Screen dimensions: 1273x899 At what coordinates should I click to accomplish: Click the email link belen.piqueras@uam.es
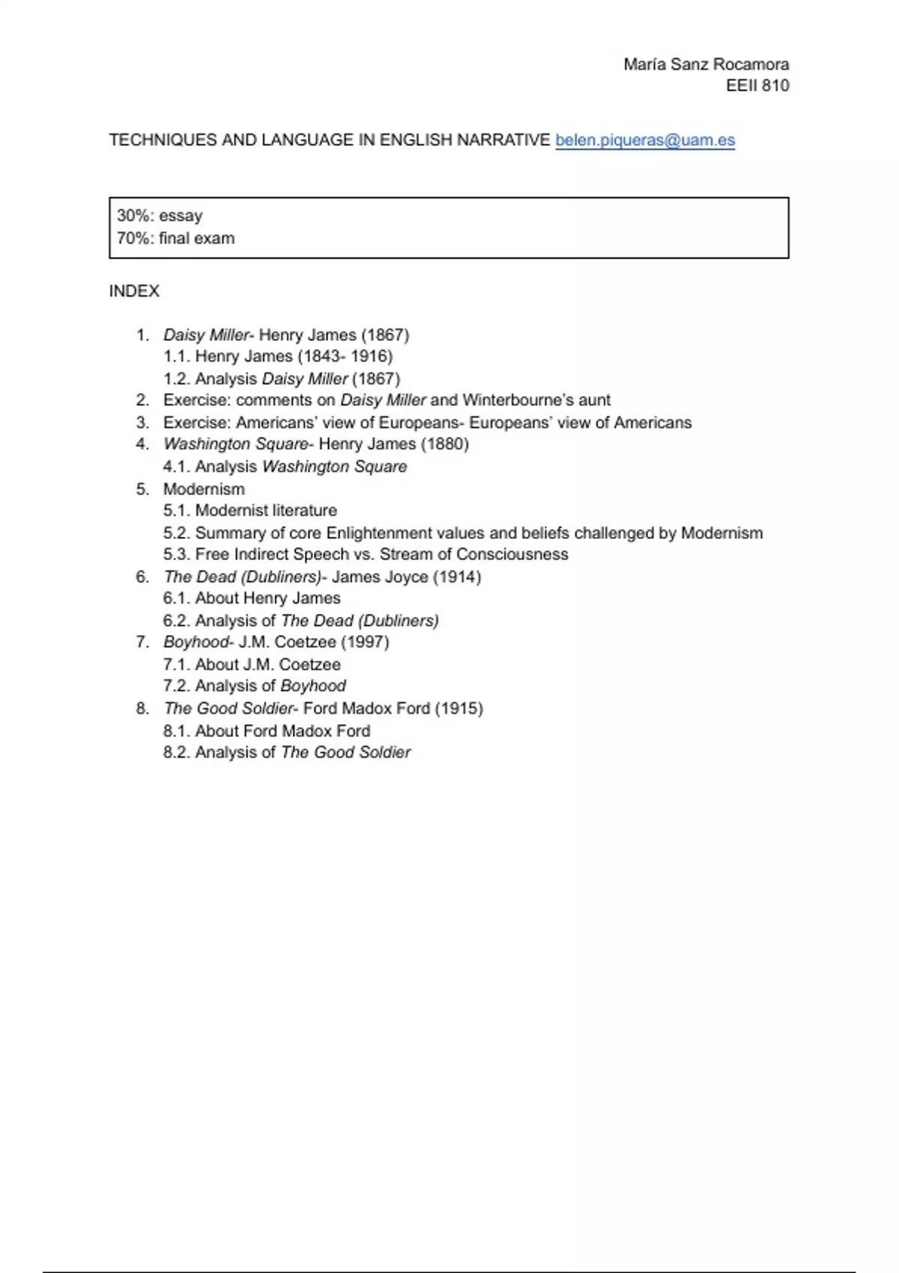pos(644,140)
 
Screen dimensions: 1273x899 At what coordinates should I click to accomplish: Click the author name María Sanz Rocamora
pos(706,64)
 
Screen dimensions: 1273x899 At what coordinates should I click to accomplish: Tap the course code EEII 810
pos(757,85)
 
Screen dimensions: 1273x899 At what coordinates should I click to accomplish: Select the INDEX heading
pos(134,291)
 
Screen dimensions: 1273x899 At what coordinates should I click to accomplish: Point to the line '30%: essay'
pos(160,216)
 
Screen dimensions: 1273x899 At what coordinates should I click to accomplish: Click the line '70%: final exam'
pos(175,238)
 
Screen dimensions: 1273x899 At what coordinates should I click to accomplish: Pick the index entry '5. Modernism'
pos(203,489)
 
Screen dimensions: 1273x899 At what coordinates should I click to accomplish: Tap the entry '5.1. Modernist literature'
pos(250,511)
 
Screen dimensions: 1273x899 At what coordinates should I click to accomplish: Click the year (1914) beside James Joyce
pos(457,577)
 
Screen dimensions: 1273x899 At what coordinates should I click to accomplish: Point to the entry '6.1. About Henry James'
pos(252,598)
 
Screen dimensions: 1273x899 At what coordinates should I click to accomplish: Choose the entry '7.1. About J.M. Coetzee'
pos(252,664)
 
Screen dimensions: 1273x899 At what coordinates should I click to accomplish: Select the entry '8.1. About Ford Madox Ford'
pos(267,731)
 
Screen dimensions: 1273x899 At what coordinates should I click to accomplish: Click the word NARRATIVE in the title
pos(503,140)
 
